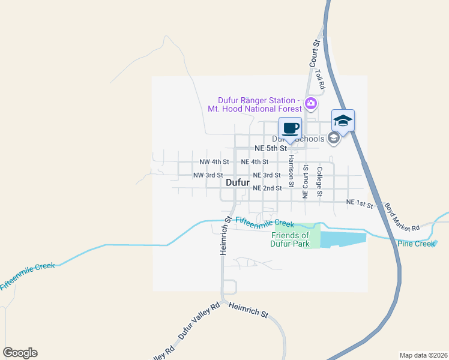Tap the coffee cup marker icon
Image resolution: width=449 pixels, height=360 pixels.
(291, 128)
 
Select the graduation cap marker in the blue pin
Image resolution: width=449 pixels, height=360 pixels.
(343, 120)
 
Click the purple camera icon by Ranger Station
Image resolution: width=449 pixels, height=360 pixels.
(310, 103)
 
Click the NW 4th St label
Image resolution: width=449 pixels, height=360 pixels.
(214, 162)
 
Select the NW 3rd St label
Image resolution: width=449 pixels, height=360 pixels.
(208, 175)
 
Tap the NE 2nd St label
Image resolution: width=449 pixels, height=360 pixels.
(268, 188)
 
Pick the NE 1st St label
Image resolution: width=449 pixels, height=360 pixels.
(360, 205)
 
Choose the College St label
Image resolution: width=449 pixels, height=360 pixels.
(319, 181)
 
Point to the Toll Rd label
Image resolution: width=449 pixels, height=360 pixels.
(319, 79)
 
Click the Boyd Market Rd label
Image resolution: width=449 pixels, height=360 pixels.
(402, 217)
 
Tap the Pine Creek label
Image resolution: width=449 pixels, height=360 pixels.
(415, 244)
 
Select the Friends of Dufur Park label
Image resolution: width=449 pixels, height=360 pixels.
(291, 240)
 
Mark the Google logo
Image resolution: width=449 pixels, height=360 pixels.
(20, 353)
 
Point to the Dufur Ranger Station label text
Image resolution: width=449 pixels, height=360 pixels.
(258, 104)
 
